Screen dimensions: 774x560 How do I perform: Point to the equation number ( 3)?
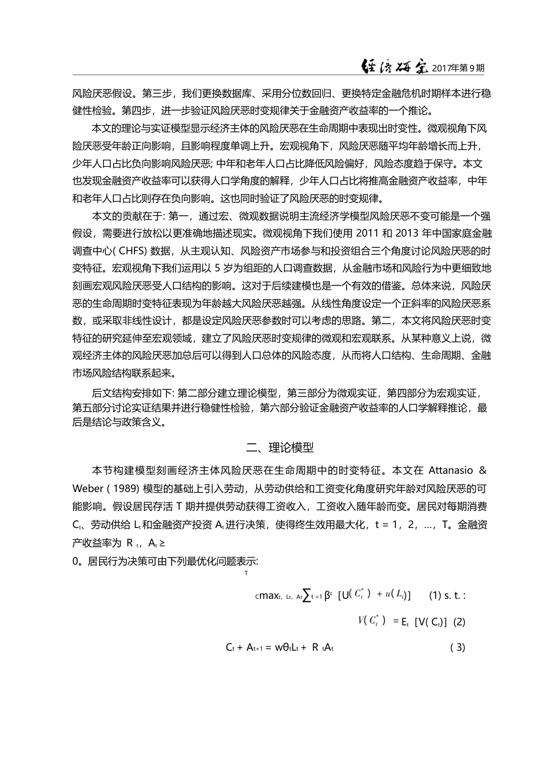[x=457, y=647]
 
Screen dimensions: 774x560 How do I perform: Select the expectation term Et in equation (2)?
[x=401, y=622]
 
